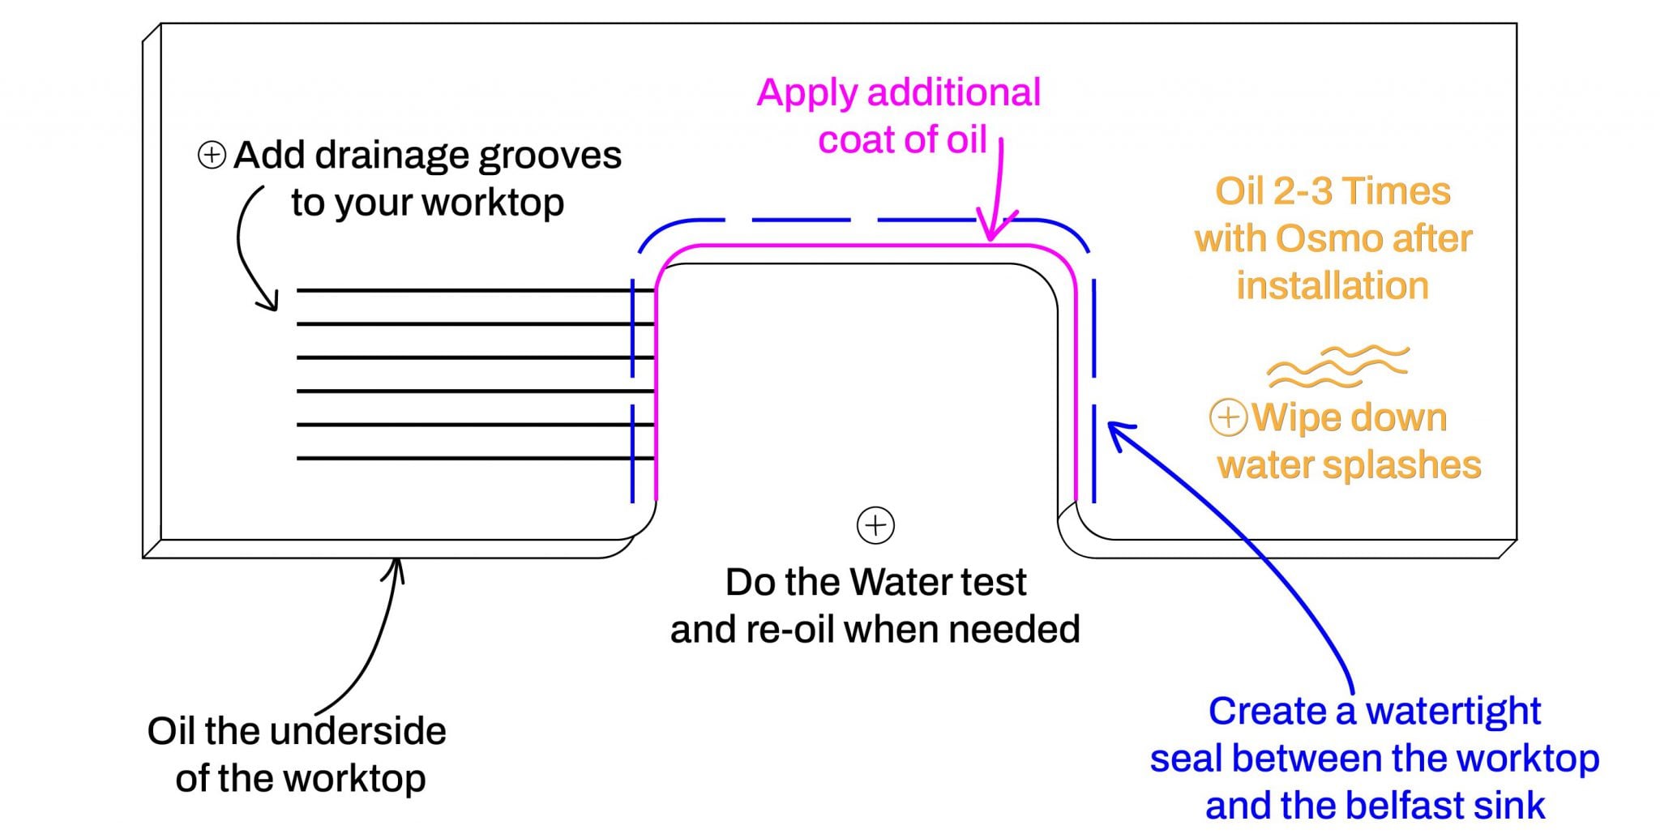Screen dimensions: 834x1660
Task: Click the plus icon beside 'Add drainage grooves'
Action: (212, 155)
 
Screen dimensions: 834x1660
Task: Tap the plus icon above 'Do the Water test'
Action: (875, 525)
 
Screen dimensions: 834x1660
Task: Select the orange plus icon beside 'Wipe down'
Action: (1228, 417)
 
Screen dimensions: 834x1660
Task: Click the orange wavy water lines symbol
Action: (1337, 366)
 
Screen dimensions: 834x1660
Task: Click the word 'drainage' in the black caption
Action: (391, 156)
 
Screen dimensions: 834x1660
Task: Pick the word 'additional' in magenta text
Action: (954, 93)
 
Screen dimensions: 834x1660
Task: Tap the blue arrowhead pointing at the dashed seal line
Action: (1117, 431)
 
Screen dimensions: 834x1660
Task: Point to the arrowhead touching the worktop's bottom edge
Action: (395, 567)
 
